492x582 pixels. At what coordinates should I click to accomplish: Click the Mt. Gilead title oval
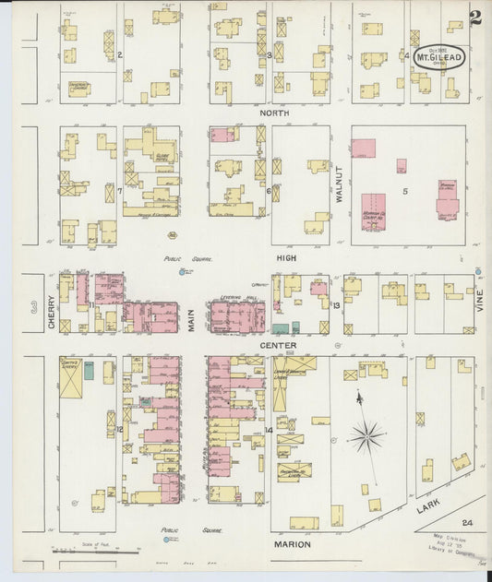[x=439, y=56]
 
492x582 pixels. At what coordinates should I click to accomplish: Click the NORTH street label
[x=274, y=113]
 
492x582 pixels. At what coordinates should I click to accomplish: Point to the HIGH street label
[x=286, y=260]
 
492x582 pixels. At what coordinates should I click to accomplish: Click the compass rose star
[x=366, y=433]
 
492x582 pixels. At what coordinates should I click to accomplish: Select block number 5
[x=404, y=191]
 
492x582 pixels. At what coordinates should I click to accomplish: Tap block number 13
[x=337, y=305]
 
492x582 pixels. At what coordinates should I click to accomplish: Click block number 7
[x=120, y=191]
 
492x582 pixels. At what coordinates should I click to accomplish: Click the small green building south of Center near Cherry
[x=89, y=371]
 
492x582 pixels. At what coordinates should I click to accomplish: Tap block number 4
[x=407, y=55]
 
